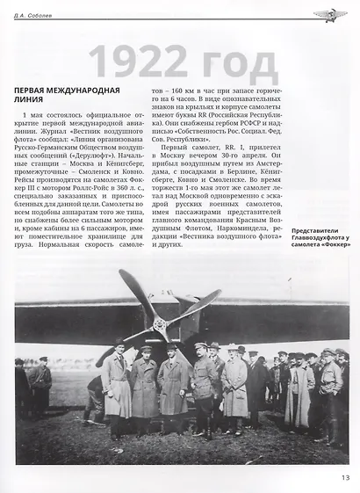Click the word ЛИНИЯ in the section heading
pos(33,103)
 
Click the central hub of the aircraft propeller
pos(159,322)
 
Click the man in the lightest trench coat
pos(234,387)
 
